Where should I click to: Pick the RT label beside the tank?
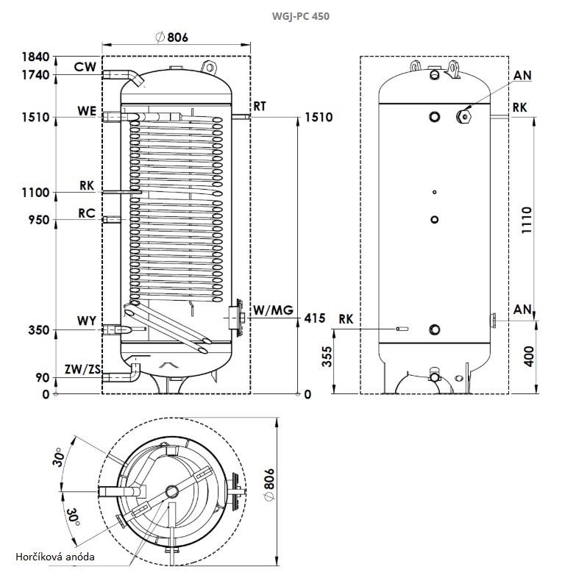coord(260,106)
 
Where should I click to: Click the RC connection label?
coord(85,213)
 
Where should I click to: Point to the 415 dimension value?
coord(314,318)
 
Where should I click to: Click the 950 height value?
coord(38,219)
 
